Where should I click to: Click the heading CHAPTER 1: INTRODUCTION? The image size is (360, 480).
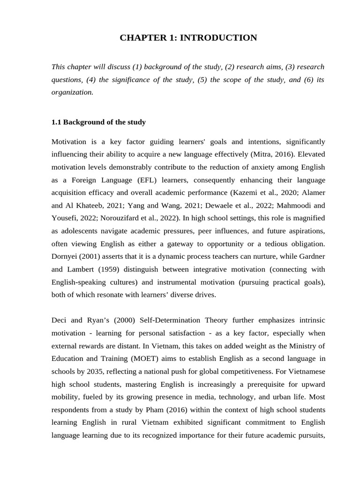[x=188, y=38]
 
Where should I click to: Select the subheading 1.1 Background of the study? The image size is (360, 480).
[x=98, y=122]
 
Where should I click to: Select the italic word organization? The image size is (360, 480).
[x=72, y=92]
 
